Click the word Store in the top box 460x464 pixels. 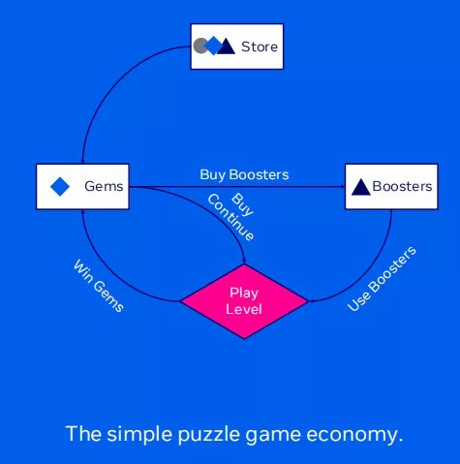[x=260, y=46]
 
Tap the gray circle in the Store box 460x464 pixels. [x=199, y=46]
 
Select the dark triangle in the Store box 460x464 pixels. [x=227, y=46]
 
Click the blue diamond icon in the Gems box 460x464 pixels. [x=60, y=187]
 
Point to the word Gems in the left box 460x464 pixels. [x=104, y=186]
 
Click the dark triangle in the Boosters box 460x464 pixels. [x=360, y=187]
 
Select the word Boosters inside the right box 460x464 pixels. [x=402, y=186]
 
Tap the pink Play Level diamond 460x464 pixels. [x=244, y=301]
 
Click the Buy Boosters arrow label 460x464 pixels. [x=244, y=174]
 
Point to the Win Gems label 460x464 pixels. [x=99, y=286]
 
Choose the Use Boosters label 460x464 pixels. [x=382, y=279]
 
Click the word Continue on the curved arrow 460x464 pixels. [x=230, y=217]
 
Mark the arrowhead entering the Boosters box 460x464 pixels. [x=343, y=187]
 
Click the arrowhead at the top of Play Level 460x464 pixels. [x=244, y=262]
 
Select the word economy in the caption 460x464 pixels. [x=354, y=435]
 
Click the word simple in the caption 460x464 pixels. [x=139, y=434]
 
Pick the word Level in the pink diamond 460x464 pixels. [x=244, y=309]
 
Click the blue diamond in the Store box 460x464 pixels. [x=213, y=46]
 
